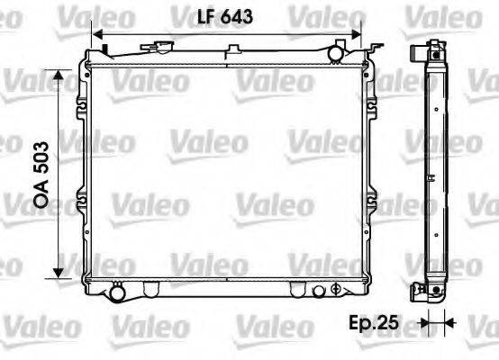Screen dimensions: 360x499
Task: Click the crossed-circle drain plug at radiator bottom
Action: click(x=335, y=290)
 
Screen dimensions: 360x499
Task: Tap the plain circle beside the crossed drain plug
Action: click(x=317, y=290)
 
